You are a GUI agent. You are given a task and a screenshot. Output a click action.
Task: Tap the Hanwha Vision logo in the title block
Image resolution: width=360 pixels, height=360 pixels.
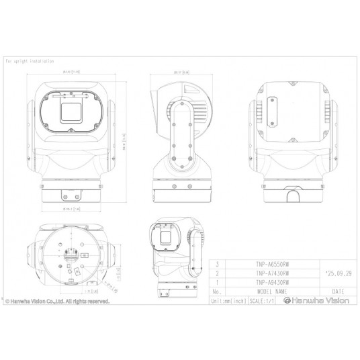click(316, 301)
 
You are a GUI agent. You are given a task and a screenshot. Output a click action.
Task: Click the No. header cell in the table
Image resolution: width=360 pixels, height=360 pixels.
click(216, 291)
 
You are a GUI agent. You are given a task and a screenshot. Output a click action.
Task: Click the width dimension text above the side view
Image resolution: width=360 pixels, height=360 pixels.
click(179, 71)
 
